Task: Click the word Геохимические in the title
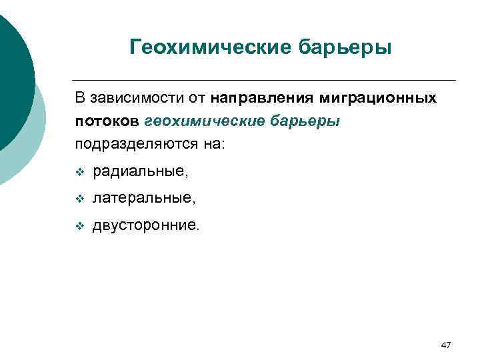click(203, 48)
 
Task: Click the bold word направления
click(263, 99)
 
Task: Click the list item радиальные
click(141, 172)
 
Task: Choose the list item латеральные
click(145, 198)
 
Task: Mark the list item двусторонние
click(146, 225)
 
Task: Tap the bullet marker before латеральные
click(79, 199)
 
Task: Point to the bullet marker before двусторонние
click(79, 226)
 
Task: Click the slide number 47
click(446, 345)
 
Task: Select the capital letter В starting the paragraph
click(79, 99)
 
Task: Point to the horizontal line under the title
click(267, 80)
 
